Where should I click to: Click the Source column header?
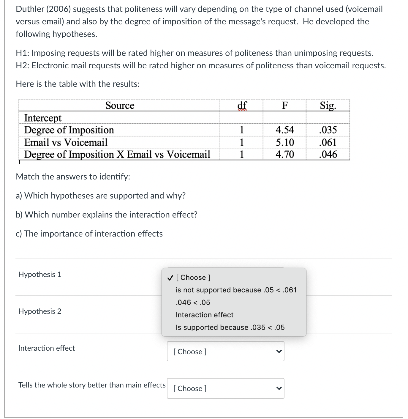120,105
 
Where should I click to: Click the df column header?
242,105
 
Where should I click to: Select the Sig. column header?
328,105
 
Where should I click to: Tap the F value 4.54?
284,130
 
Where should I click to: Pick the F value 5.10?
285,142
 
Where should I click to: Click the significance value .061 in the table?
328,142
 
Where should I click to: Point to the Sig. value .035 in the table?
328,130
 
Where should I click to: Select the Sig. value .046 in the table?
328,155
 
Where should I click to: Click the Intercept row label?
43,118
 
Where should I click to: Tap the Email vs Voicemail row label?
66,142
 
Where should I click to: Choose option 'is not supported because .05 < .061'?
236,290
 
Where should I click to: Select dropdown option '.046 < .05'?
193,303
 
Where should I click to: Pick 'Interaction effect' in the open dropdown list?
204,315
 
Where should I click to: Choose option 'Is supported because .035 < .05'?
230,327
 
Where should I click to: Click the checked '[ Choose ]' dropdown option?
193,278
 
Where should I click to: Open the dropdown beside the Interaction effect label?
225,352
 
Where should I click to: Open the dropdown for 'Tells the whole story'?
225,388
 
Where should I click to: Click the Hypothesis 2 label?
40,311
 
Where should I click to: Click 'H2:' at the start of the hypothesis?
23,65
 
